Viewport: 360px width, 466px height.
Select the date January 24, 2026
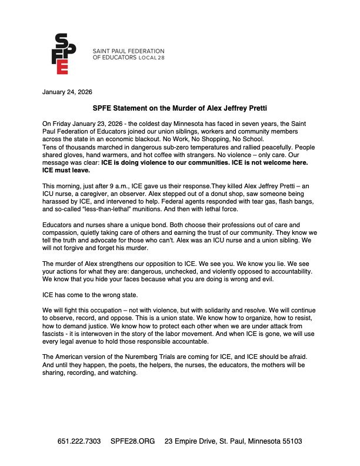click(67, 92)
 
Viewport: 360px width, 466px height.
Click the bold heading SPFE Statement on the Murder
click(180, 108)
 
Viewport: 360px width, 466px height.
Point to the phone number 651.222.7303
click(79, 441)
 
